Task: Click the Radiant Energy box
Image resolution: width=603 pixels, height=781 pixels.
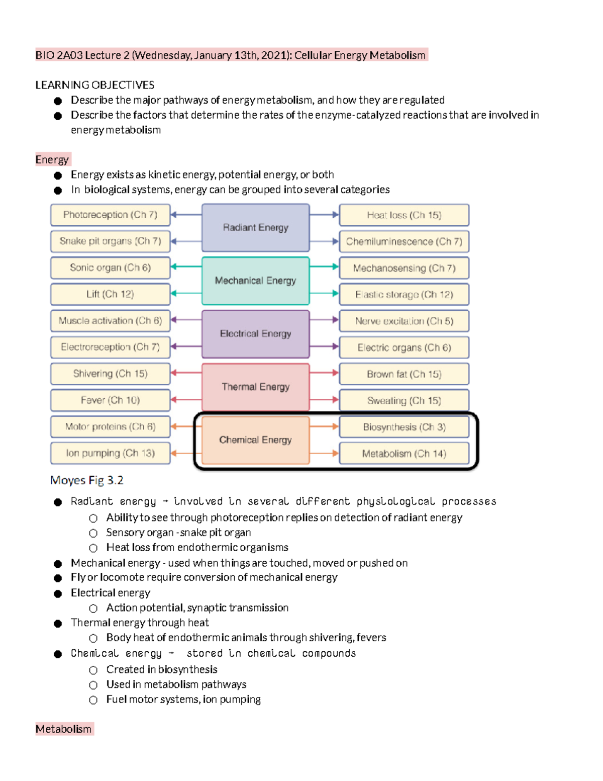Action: click(255, 227)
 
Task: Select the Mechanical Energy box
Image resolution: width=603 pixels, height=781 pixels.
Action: click(255, 281)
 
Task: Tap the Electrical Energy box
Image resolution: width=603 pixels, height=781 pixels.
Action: click(255, 333)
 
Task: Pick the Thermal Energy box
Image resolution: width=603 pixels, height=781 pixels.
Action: click(255, 387)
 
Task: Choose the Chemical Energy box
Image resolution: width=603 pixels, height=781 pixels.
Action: click(255, 440)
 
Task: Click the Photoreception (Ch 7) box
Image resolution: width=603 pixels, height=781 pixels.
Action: click(110, 215)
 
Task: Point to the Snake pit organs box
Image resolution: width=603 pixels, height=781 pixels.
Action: click(110, 241)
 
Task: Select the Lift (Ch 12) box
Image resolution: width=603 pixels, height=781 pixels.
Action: click(110, 294)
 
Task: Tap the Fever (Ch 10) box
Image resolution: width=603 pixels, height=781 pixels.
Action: click(110, 400)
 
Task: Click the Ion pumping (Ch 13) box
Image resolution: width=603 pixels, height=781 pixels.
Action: click(110, 453)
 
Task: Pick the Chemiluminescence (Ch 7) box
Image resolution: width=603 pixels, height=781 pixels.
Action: click(404, 241)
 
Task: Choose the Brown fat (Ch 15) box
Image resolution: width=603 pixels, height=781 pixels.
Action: click(404, 374)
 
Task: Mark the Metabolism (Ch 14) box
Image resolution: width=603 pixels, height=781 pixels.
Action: click(404, 454)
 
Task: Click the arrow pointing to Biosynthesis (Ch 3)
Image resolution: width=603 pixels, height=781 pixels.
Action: click(325, 426)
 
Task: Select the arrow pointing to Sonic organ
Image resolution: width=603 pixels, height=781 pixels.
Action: click(186, 267)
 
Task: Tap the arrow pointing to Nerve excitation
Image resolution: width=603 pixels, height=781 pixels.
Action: click(325, 320)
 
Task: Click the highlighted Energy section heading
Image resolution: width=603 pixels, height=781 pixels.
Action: click(52, 159)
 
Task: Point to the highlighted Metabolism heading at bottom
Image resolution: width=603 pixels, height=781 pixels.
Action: click(64, 729)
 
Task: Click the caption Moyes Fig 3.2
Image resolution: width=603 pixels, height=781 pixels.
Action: click(86, 480)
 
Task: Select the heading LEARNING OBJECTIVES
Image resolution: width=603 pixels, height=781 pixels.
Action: click(94, 85)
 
